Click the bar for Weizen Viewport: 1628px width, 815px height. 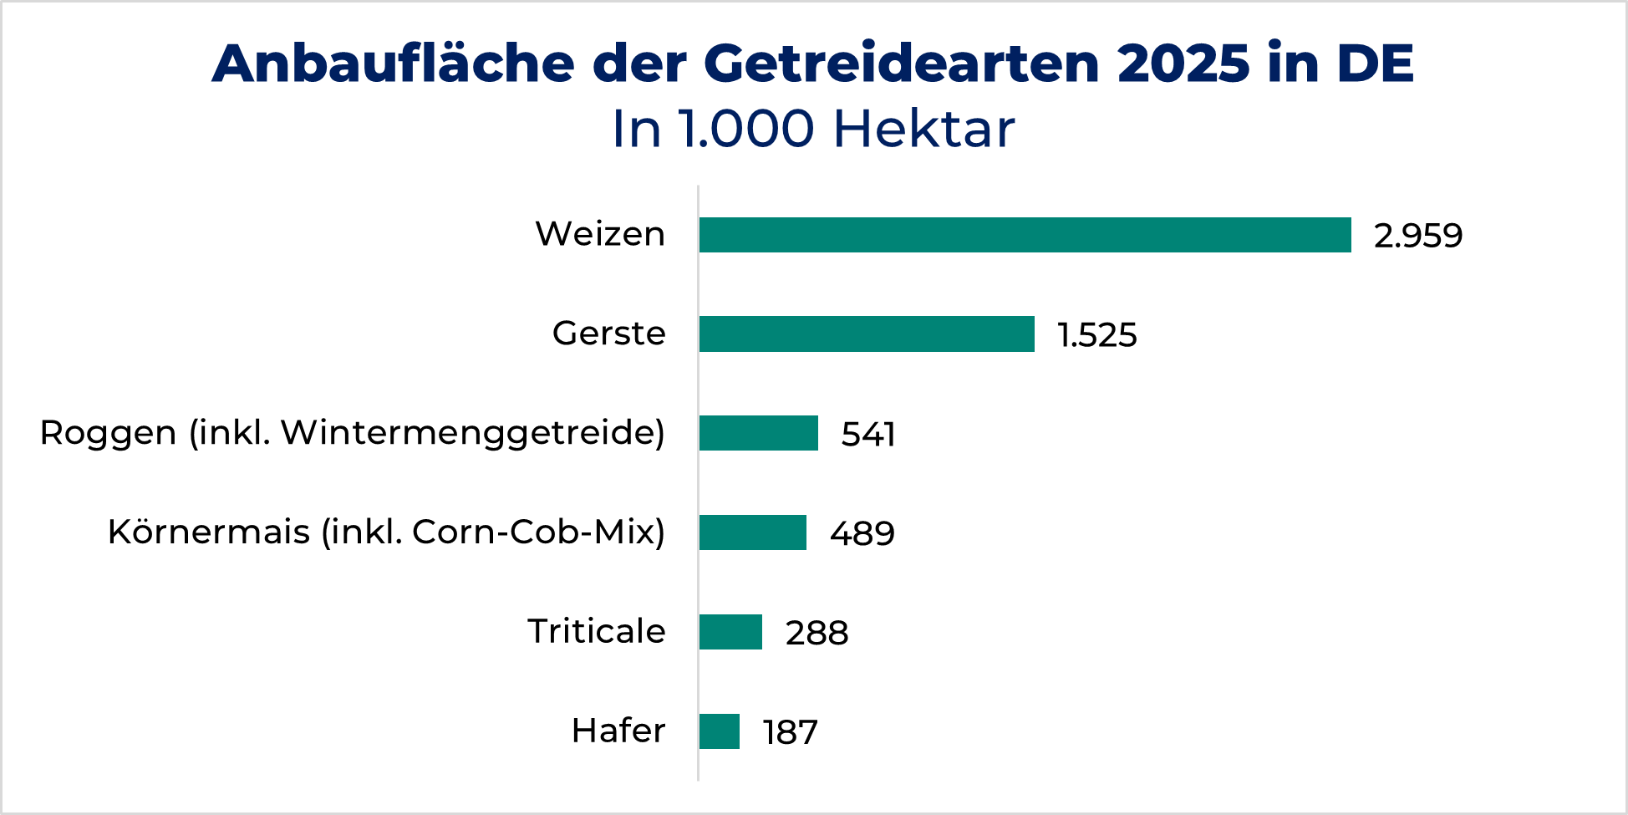click(x=1025, y=235)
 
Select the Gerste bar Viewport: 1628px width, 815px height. click(x=867, y=334)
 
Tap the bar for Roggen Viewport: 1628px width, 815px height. click(x=758, y=433)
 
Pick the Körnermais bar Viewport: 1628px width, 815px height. click(x=752, y=532)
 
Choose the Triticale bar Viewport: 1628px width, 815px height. click(x=730, y=632)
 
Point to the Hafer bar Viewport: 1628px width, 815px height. click(x=719, y=731)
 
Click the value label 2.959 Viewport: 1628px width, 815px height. click(x=1417, y=236)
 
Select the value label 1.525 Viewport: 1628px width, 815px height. click(x=1096, y=335)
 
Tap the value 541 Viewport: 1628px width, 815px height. click(x=867, y=435)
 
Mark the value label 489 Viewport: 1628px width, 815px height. click(x=862, y=533)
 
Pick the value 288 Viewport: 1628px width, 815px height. click(x=817, y=633)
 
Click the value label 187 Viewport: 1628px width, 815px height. click(x=790, y=732)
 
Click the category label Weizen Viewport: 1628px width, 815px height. click(x=600, y=234)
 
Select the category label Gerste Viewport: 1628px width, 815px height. click(x=608, y=334)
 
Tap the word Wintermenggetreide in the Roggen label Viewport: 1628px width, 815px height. click(x=468, y=433)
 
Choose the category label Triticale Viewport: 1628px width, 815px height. click(x=596, y=631)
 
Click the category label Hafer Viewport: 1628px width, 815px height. click(x=618, y=731)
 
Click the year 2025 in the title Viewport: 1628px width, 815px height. click(x=1182, y=64)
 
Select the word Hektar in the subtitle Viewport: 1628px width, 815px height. click(x=923, y=129)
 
